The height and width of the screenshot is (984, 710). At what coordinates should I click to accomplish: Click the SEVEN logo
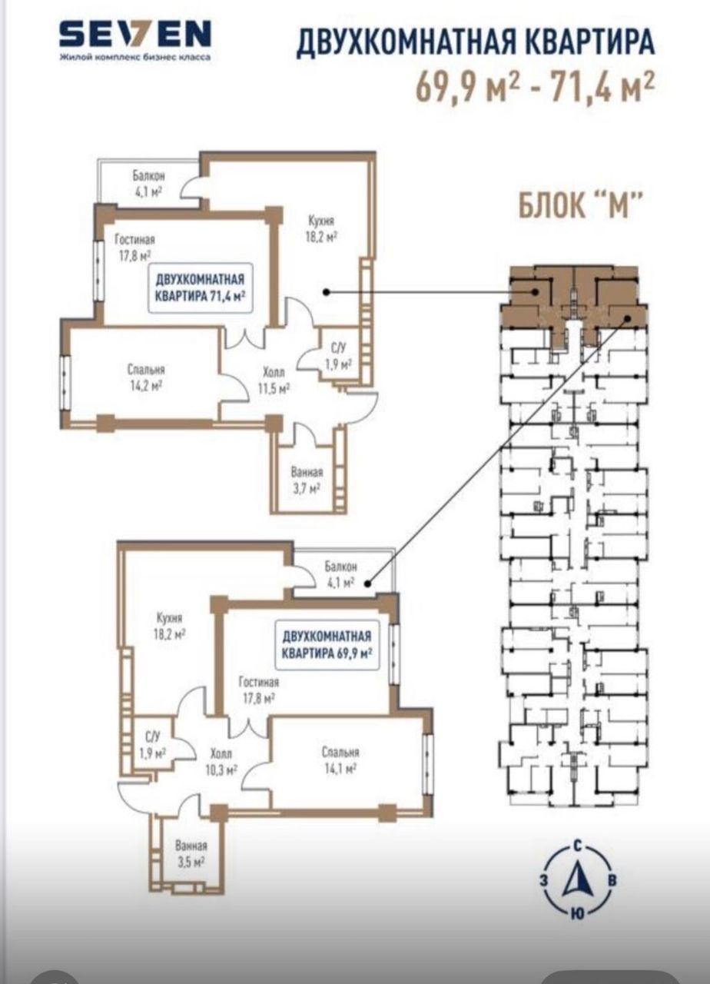(135, 35)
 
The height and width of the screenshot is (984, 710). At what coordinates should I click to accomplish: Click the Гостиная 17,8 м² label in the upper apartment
(134, 248)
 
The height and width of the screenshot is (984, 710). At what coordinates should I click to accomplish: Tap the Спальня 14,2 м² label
(146, 377)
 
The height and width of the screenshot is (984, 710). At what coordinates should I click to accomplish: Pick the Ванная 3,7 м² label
(307, 480)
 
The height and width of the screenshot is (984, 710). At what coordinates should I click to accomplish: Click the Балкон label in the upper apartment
(149, 176)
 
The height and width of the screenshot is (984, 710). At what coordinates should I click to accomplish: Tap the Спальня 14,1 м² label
(340, 760)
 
